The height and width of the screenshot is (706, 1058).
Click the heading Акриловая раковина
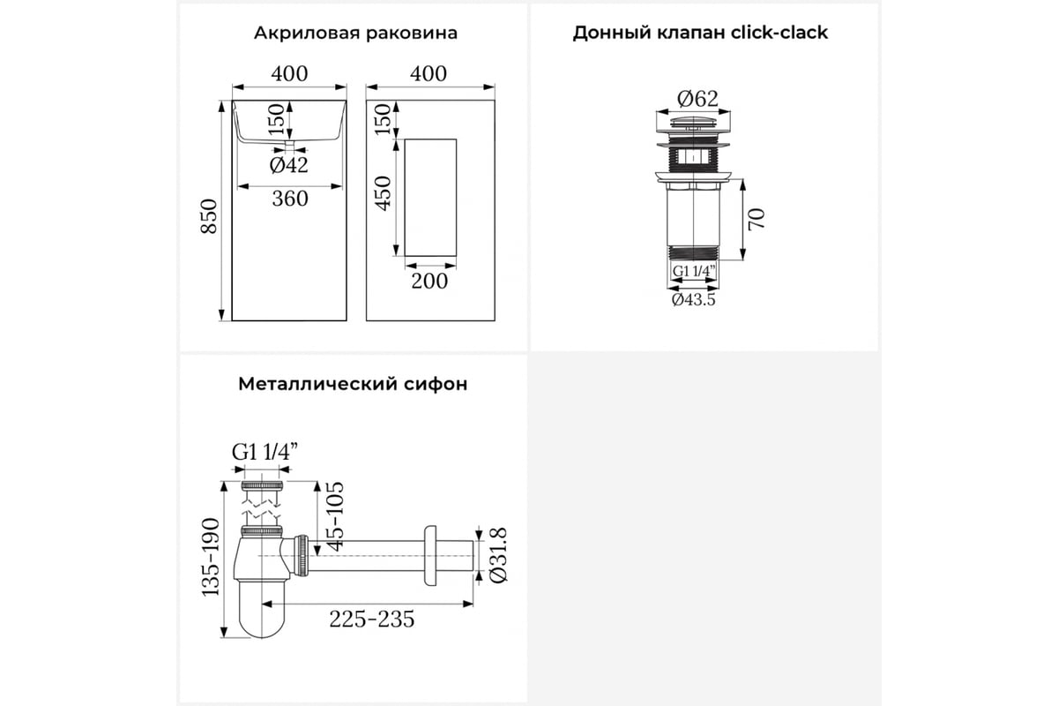(355, 34)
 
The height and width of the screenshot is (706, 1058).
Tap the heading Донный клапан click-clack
(700, 33)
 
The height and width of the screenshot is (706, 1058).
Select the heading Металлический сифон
(353, 384)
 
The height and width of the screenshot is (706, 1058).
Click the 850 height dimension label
(209, 216)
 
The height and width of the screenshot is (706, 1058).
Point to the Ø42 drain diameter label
(288, 165)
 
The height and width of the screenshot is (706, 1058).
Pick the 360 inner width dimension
(290, 199)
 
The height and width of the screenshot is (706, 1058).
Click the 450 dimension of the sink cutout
(383, 193)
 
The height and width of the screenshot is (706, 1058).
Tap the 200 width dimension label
(429, 281)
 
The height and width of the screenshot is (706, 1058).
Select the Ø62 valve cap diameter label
(697, 99)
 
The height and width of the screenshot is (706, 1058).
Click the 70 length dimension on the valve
(756, 219)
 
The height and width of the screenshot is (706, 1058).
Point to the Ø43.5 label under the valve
(693, 299)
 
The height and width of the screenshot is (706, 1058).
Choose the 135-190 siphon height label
(211, 557)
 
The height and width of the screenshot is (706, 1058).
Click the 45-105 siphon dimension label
(335, 516)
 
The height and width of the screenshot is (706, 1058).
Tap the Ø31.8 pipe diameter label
(499, 555)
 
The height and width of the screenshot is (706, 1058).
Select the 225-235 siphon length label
(372, 619)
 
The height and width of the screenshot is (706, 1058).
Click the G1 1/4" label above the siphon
(265, 452)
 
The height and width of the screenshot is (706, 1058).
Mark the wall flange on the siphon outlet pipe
(430, 556)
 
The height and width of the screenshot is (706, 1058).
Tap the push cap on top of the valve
(693, 123)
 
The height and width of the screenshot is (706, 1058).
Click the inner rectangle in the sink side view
(431, 198)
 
